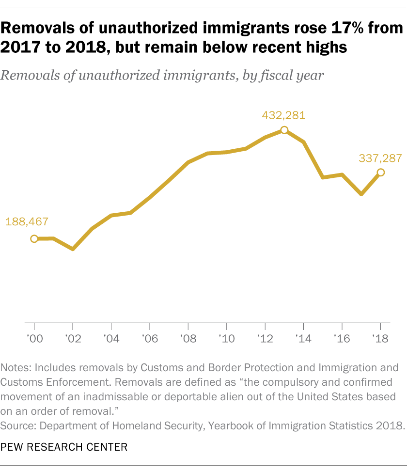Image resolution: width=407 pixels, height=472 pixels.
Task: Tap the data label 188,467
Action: (x=27, y=222)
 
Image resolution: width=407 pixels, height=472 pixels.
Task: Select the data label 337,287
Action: (x=380, y=158)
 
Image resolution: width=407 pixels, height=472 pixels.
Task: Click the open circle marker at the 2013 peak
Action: (x=284, y=130)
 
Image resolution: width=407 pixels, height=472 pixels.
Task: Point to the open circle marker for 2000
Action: (x=34, y=238)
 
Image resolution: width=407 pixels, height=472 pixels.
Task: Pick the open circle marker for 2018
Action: (x=380, y=172)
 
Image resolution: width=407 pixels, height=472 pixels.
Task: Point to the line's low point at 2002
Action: (x=73, y=249)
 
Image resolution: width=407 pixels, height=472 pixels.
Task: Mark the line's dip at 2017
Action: (x=361, y=194)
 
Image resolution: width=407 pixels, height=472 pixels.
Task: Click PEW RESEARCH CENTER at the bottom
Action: (x=64, y=447)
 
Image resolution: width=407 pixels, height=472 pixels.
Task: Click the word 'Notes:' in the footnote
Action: (x=16, y=367)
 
